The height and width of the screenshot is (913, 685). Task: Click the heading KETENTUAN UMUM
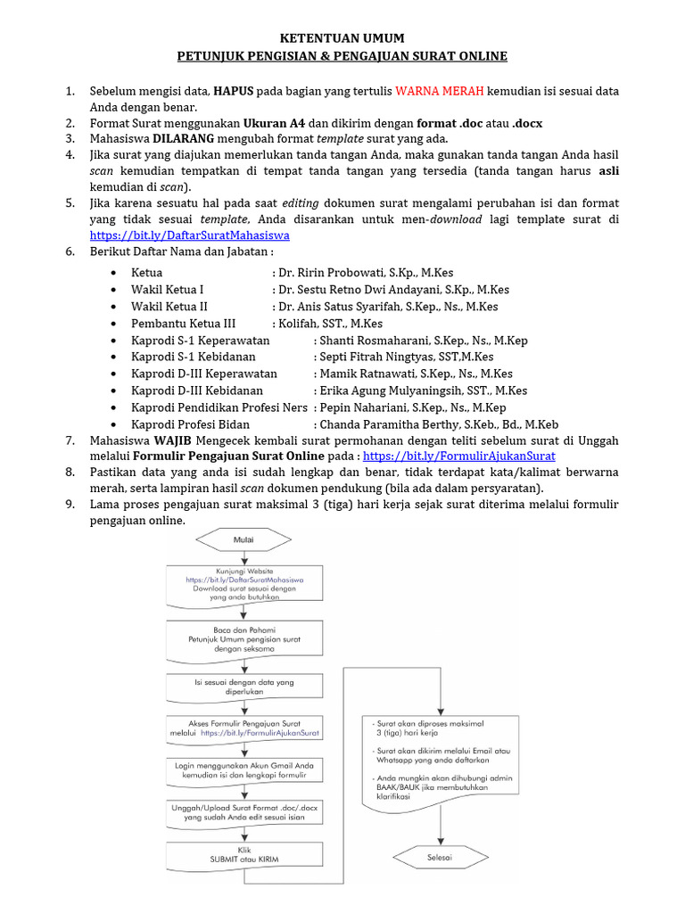[342, 38]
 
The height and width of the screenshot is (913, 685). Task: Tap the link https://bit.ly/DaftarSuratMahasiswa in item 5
[189, 235]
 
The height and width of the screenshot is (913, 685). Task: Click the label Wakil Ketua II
[169, 307]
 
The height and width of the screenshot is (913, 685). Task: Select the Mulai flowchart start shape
[243, 540]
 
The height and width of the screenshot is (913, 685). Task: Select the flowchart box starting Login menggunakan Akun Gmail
[243, 771]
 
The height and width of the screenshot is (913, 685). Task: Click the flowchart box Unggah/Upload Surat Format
[243, 813]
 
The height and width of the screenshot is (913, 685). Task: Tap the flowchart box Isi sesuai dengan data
[243, 687]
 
